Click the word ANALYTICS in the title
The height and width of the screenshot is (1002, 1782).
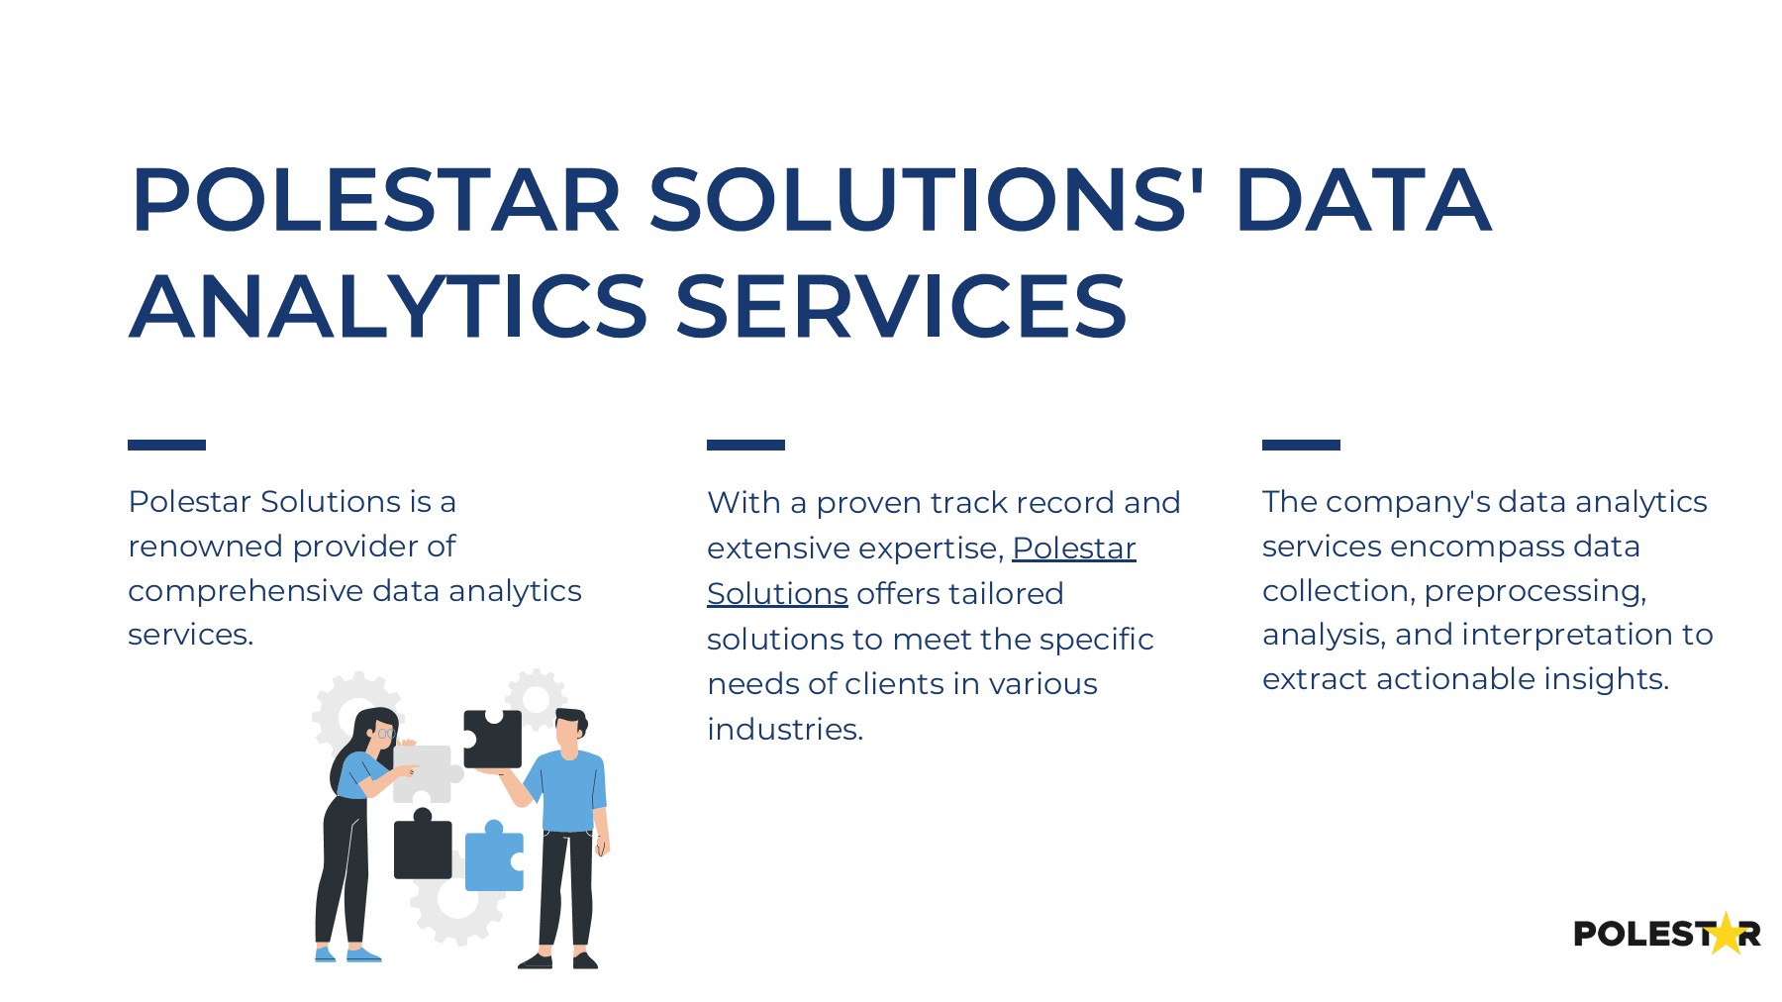[388, 306]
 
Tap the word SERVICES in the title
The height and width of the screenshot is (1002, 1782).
[901, 306]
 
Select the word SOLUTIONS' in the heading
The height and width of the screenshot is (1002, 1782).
[927, 200]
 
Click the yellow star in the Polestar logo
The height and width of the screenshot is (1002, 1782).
[1726, 934]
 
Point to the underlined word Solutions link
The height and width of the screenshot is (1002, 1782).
[777, 593]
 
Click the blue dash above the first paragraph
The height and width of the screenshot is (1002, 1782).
[166, 445]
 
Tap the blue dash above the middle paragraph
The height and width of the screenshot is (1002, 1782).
[745, 445]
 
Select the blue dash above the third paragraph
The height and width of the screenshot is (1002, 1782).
[1301, 445]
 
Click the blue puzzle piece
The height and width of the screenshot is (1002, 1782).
[493, 859]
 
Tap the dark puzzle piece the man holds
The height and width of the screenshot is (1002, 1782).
[494, 739]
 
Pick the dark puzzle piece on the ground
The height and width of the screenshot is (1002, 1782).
[423, 848]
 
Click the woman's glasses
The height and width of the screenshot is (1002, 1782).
[384, 734]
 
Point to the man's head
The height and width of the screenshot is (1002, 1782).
[569, 731]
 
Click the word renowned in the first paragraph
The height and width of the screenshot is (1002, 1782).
[205, 546]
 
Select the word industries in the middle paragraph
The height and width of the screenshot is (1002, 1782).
[784, 729]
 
